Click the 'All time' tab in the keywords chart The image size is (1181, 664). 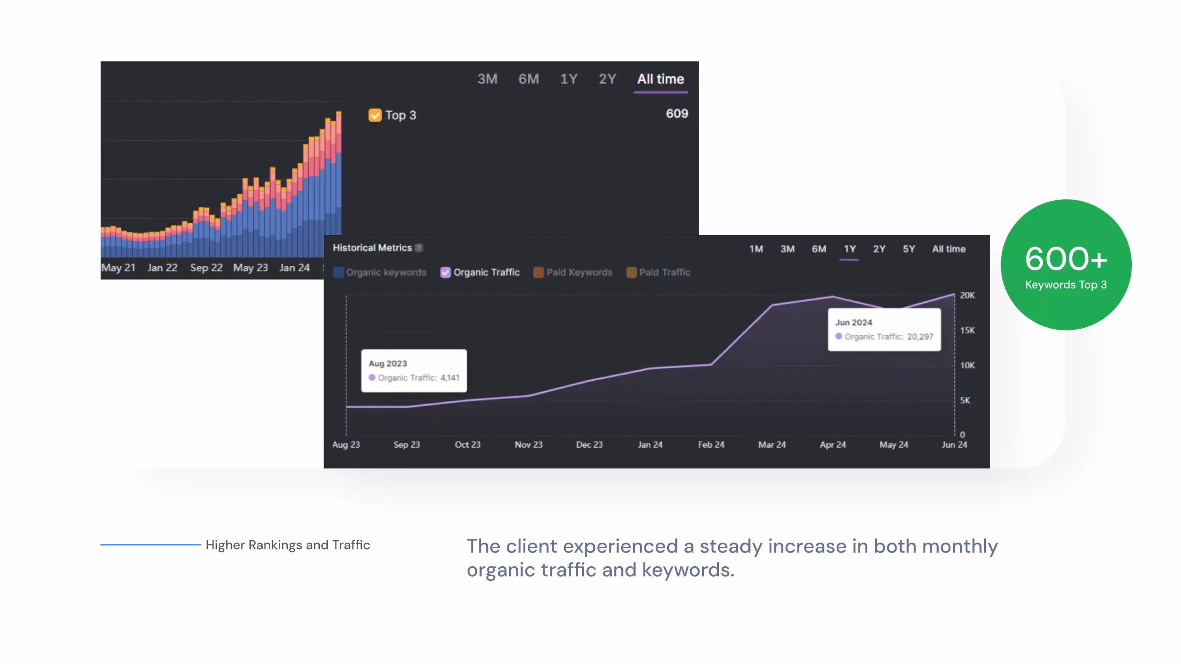(x=660, y=79)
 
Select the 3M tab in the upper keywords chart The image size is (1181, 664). (x=487, y=79)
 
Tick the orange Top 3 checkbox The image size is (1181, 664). (x=375, y=115)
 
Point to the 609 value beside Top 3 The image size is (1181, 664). (x=676, y=113)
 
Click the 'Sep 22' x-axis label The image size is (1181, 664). (x=206, y=268)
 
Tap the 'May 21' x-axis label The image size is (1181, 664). (x=118, y=268)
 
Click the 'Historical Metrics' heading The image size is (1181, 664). (x=372, y=248)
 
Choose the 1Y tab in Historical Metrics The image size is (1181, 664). (x=849, y=249)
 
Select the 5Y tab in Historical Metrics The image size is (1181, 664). (x=908, y=249)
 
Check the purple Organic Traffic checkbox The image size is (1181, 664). (x=445, y=272)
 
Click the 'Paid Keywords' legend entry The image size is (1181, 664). (x=579, y=272)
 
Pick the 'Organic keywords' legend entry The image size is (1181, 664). (x=385, y=272)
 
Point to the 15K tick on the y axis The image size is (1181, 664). (x=967, y=330)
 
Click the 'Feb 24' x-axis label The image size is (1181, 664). (x=711, y=444)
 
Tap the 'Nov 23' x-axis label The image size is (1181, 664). (x=528, y=444)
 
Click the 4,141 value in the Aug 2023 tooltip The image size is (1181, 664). (x=450, y=378)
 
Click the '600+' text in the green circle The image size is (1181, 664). (x=1066, y=259)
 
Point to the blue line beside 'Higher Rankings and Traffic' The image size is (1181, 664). (x=151, y=545)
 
